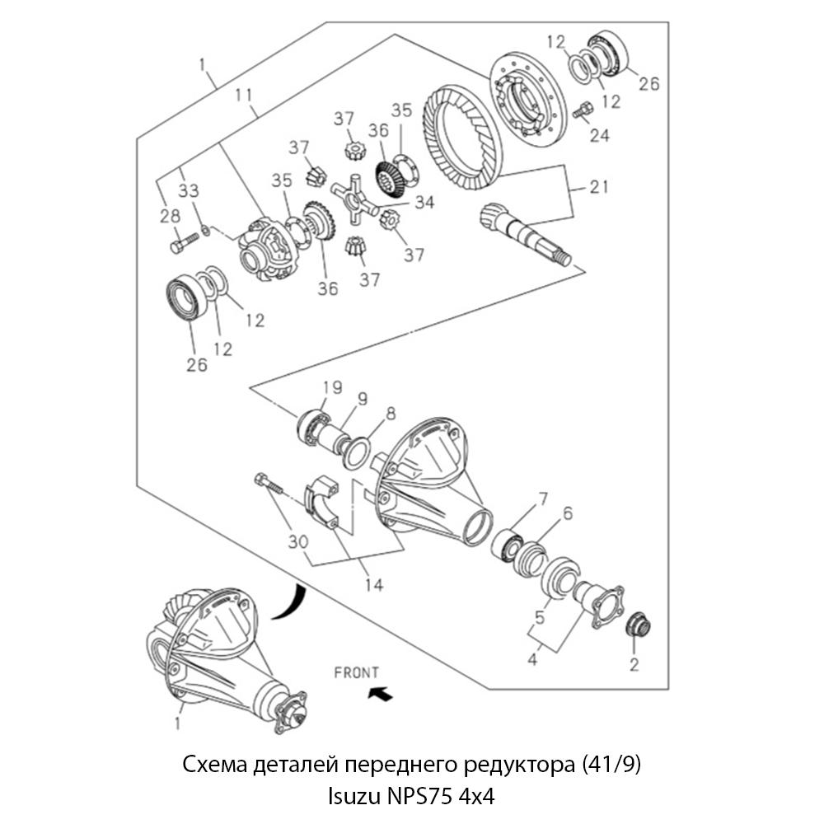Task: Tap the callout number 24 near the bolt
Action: click(599, 134)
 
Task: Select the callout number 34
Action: click(425, 200)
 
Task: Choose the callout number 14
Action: click(374, 586)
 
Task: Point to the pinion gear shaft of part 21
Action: click(522, 235)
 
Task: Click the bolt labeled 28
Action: click(185, 242)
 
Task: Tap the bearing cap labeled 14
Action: click(324, 502)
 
